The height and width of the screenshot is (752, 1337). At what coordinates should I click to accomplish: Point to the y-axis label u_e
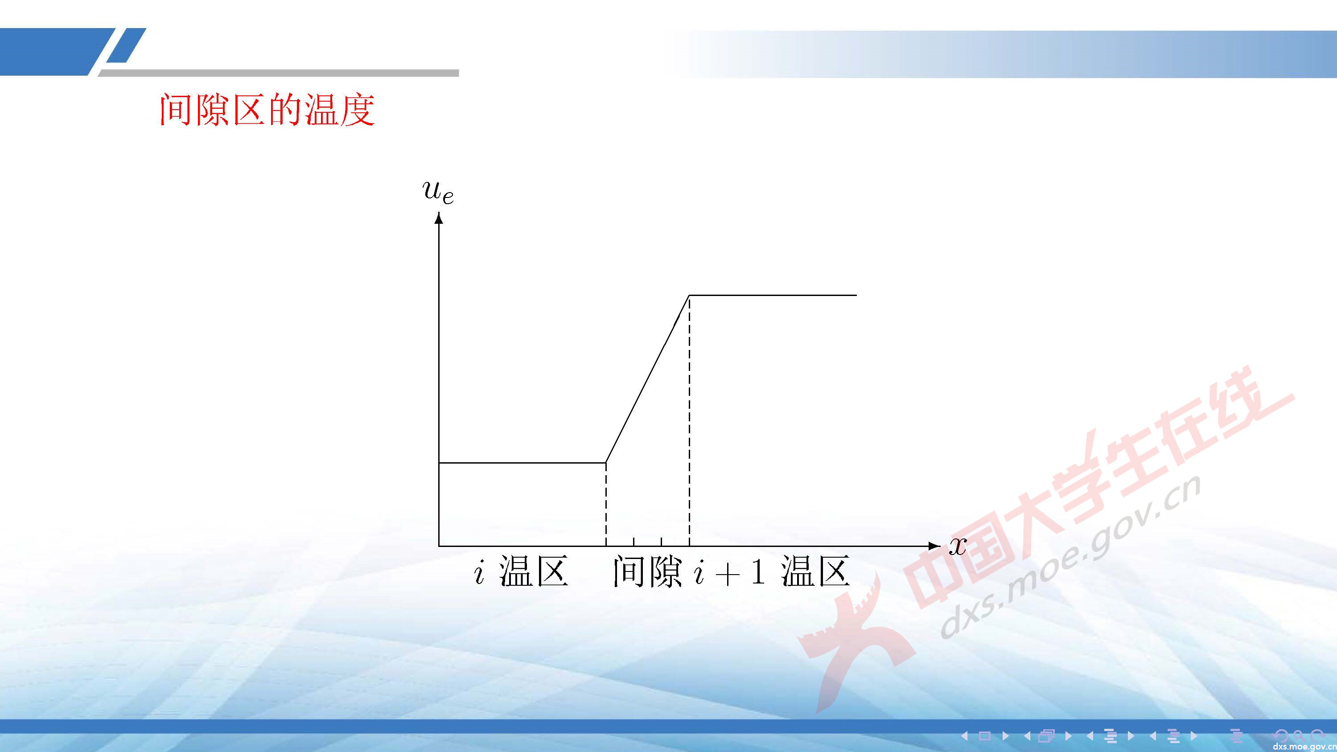[x=439, y=192]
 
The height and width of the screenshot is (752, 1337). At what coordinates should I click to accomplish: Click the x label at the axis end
[x=958, y=546]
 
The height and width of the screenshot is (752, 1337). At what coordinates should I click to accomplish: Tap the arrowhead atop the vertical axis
[x=439, y=219]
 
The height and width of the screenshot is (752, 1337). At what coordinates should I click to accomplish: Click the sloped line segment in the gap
[x=648, y=379]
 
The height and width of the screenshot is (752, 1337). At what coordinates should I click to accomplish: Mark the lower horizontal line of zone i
[x=522, y=462]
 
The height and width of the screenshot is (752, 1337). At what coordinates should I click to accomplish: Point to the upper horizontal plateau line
[x=773, y=295]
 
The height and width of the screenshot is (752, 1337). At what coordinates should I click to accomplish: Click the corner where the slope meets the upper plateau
[x=689, y=295]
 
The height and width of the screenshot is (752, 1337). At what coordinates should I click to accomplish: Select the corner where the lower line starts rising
[x=606, y=462]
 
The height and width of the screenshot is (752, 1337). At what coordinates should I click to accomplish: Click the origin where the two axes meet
[x=439, y=546]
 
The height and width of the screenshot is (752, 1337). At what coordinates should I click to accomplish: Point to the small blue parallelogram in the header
[x=127, y=45]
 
